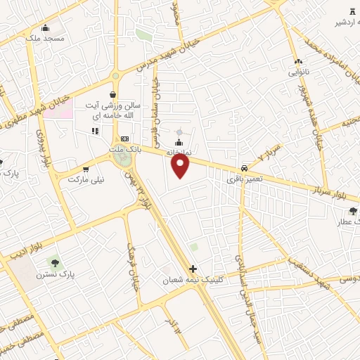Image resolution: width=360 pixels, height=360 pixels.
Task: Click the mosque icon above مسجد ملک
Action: pos(46,27)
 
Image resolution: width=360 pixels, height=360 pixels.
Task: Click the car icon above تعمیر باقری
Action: pos(243,168)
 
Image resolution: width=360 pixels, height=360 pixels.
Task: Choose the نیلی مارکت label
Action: pos(86,179)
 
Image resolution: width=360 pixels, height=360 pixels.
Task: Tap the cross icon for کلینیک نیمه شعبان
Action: pos(193,269)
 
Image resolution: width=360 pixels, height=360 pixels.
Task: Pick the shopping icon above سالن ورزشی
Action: pos(112,95)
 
